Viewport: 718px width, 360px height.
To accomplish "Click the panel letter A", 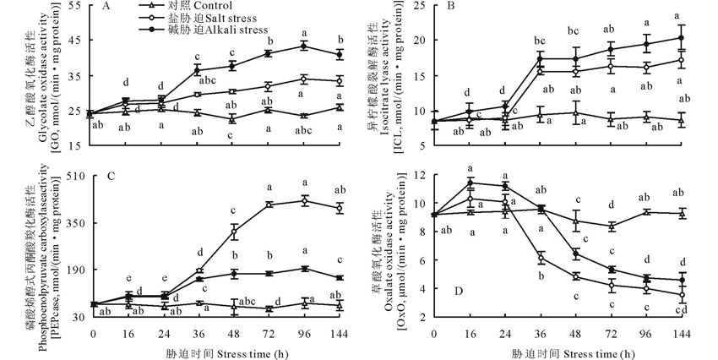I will (106, 7).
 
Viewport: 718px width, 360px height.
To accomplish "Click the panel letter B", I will (450, 7).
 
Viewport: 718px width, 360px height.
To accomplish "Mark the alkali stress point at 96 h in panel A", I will (304, 45).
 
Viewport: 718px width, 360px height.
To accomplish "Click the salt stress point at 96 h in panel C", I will (304, 200).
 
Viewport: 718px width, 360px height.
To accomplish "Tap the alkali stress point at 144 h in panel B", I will (681, 37).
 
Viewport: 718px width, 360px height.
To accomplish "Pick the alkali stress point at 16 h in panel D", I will (469, 183).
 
